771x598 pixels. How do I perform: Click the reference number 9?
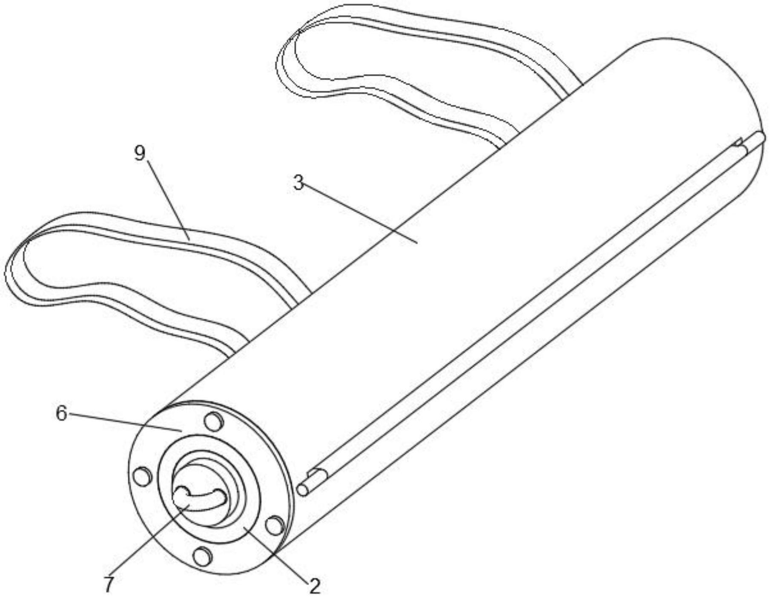tap(140, 153)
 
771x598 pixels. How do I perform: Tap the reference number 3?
tap(298, 183)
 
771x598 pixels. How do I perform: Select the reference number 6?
tap(62, 413)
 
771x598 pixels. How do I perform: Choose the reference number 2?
tap(314, 586)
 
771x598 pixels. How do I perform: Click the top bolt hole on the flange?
tap(214, 422)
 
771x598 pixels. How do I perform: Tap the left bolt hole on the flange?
tap(143, 476)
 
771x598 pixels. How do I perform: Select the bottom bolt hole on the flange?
tap(202, 557)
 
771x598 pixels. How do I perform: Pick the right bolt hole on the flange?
tap(275, 525)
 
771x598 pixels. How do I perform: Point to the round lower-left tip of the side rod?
tap(303, 490)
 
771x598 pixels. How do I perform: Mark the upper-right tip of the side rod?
tap(760, 138)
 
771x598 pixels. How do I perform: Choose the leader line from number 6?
tap(123, 422)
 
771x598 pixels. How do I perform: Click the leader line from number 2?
tap(277, 556)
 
